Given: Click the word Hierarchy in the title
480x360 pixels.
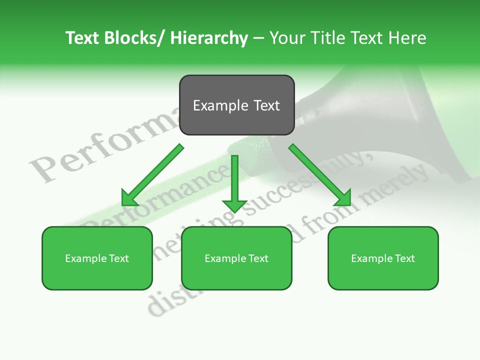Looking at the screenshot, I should coord(209,38).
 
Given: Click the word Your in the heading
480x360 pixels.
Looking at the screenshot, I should coord(286,38).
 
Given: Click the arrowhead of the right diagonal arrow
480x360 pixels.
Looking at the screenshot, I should coord(343,198).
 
